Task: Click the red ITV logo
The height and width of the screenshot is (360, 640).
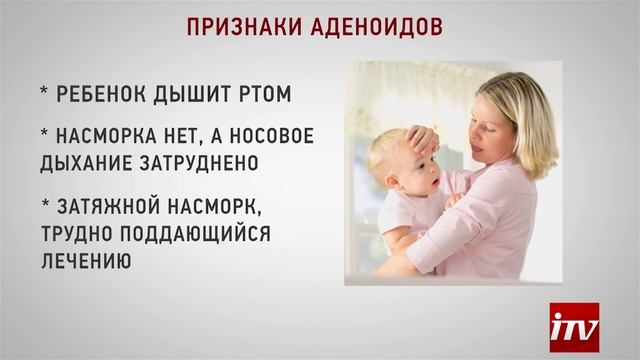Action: coord(574,326)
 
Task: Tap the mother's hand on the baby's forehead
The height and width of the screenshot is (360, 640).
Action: coord(421,139)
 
